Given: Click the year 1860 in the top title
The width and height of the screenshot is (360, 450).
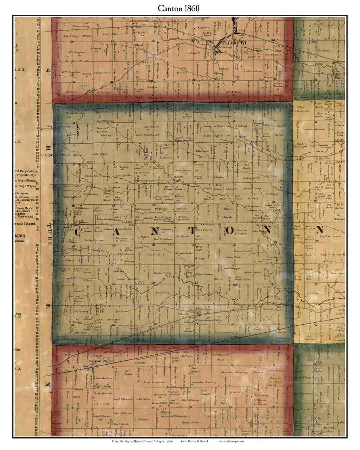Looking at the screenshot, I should tap(191, 8).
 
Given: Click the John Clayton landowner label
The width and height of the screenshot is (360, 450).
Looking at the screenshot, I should tap(101, 154).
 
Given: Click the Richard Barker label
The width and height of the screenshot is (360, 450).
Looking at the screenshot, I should tap(204, 274).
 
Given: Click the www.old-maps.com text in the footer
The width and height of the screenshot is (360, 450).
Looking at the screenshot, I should tap(231, 441).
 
